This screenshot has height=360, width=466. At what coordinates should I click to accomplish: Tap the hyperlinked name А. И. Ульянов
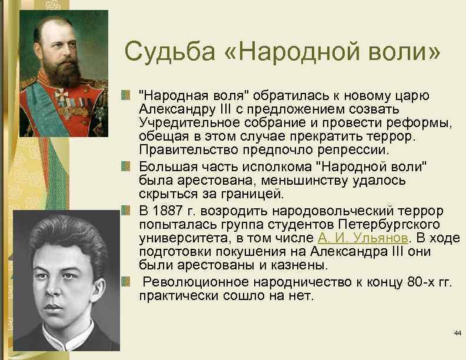[x=363, y=238]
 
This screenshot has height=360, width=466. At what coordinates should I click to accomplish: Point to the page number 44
[x=457, y=334]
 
